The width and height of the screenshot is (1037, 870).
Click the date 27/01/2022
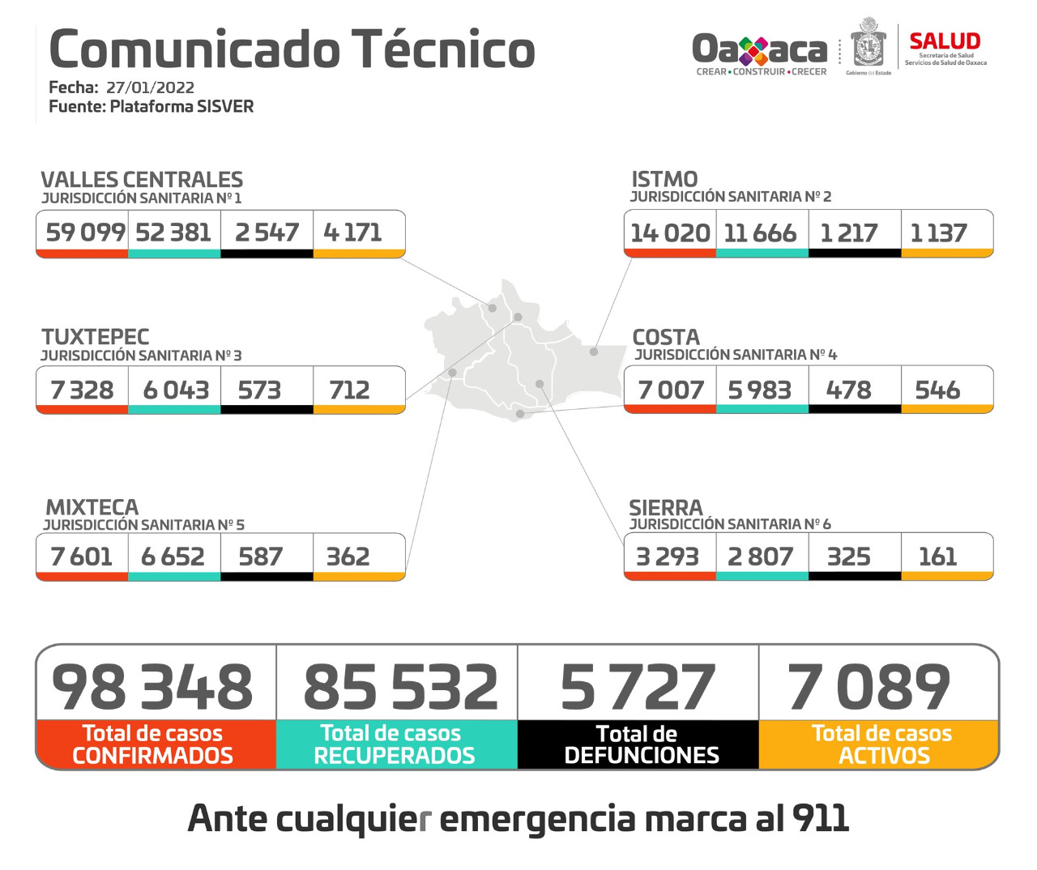150,87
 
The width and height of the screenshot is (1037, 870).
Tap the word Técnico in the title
443,49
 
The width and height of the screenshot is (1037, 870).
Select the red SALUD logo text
945,41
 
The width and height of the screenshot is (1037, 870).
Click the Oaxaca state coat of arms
868,45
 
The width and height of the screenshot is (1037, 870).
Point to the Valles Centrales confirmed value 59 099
85,232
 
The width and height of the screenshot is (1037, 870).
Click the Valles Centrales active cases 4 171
352,232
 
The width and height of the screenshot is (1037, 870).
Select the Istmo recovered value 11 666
760,233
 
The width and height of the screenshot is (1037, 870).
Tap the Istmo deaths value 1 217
848,233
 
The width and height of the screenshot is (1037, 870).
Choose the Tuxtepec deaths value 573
259,390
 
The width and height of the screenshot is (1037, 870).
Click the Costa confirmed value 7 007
671,390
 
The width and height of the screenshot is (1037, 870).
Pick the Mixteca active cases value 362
348,557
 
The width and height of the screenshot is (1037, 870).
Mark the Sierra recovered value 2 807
760,557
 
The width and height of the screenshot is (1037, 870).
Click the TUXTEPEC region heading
96,337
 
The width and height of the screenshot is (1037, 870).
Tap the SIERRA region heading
666,508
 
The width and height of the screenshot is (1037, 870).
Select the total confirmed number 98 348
152,687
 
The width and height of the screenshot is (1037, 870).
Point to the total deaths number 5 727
638,687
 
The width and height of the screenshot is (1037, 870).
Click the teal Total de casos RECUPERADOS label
395,744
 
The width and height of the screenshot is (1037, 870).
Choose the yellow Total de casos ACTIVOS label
882,744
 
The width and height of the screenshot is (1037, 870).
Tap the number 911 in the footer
821,818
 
